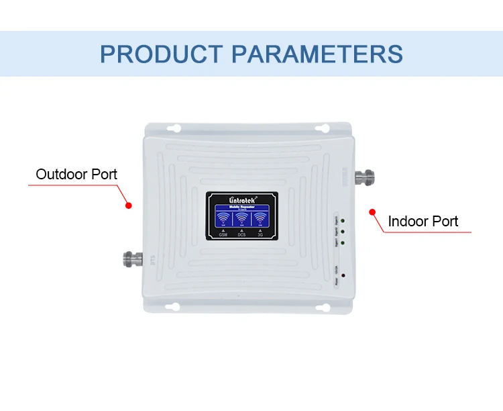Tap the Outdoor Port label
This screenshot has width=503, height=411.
[x=76, y=175]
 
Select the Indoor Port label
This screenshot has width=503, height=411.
[x=423, y=221]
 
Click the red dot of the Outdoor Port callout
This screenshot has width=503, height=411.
[x=130, y=205]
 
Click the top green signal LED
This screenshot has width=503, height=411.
[x=343, y=220]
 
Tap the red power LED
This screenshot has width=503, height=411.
[x=343, y=275]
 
